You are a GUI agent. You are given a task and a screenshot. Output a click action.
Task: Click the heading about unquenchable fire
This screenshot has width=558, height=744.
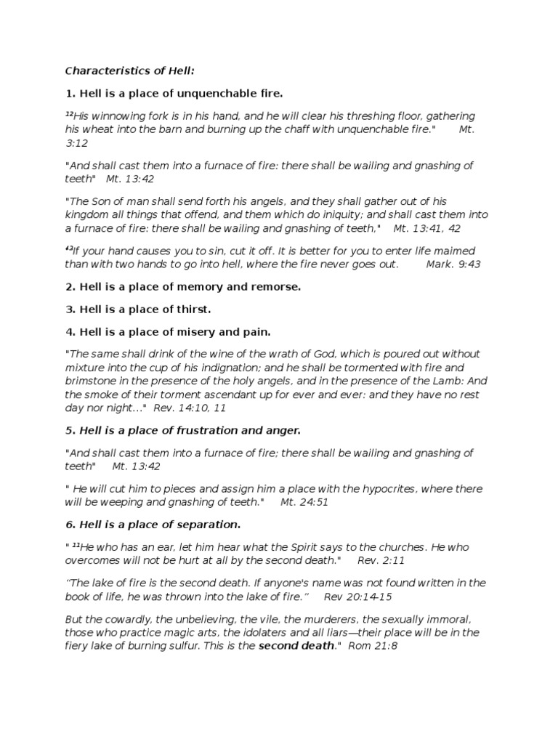174,94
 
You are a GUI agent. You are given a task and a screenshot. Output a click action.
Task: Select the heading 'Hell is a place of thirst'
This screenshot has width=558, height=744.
138,310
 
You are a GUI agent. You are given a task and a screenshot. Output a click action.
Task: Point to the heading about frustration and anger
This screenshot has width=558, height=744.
182,431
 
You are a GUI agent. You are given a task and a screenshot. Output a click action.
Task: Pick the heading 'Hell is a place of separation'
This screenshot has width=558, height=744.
153,525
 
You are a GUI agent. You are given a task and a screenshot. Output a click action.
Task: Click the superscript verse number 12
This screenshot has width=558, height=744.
69,113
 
